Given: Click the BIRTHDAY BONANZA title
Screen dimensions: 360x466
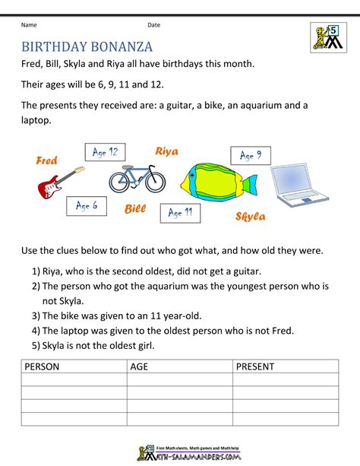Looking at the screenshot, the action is (87, 46).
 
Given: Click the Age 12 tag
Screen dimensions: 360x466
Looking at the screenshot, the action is (104, 153).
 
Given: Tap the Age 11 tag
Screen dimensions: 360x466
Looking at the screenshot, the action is (180, 213).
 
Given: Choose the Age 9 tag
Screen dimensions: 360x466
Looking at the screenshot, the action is (251, 156).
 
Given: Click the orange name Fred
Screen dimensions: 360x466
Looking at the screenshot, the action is (47, 160).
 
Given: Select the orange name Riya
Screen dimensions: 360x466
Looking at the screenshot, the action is (166, 151).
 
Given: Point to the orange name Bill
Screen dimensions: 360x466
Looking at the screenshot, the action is (135, 208).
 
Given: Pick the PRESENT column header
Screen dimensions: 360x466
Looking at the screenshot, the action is (255, 366).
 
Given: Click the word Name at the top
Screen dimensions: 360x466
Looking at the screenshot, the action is (30, 25).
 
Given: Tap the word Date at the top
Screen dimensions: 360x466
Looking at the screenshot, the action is (154, 25).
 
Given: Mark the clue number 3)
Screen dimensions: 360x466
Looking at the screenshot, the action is (36, 315).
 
